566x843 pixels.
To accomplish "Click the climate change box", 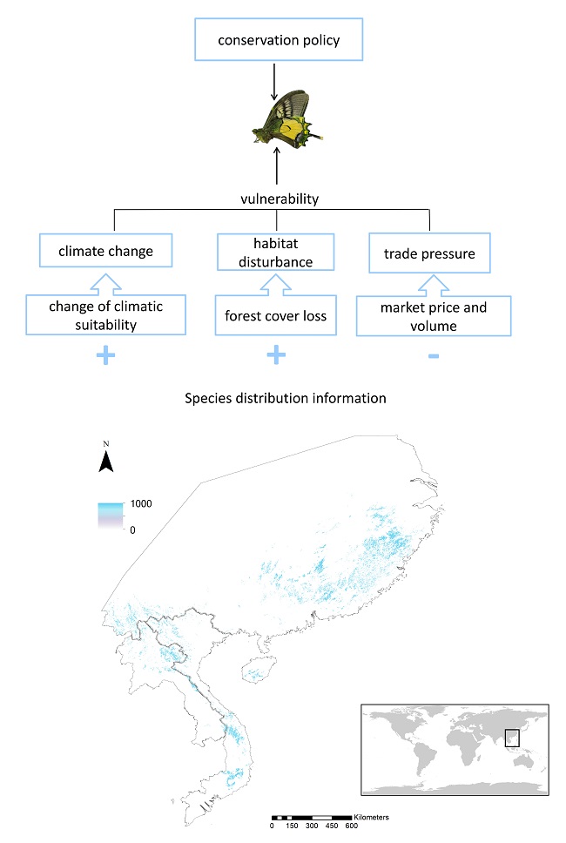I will coord(106,251).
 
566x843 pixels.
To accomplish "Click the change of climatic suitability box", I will coord(106,314).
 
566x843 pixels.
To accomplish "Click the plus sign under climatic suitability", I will coord(106,355).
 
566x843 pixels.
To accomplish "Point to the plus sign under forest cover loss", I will coord(275,354).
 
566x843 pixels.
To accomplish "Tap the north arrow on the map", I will coord(106,459).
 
